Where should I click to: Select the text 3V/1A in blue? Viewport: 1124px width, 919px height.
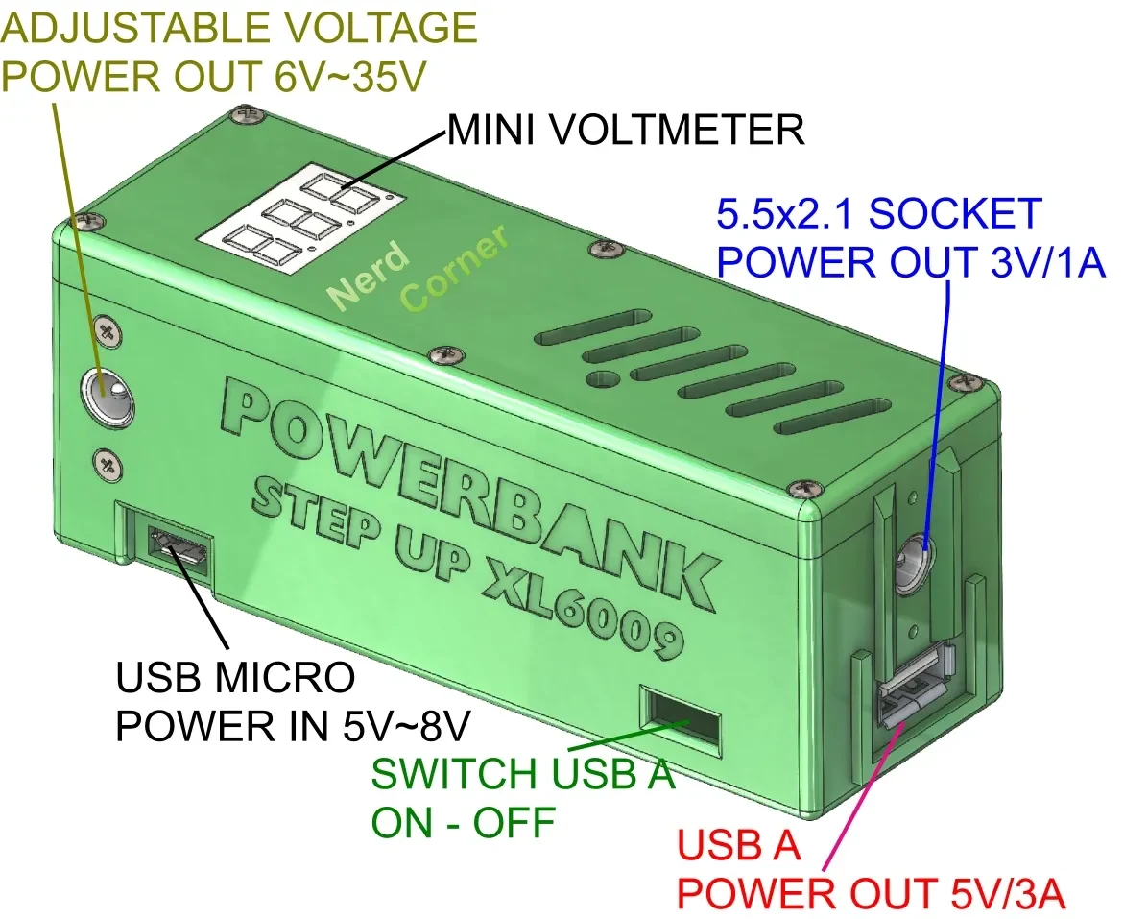coord(1048,261)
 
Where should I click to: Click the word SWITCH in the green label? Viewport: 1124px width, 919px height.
coord(454,774)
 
